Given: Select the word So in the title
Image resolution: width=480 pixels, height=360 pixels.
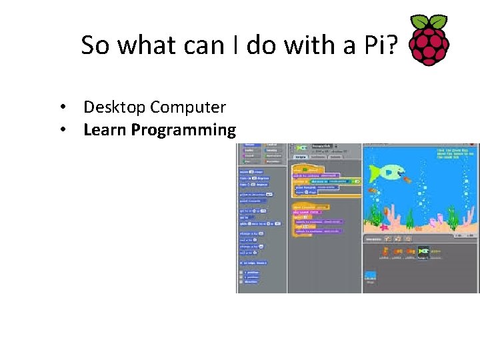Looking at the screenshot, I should [93, 45].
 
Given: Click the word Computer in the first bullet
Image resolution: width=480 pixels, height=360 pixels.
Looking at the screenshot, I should [188, 107].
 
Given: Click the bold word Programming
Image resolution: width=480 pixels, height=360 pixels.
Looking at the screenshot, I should [183, 131].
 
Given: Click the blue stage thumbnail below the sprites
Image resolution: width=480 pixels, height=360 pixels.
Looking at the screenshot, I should [371, 275].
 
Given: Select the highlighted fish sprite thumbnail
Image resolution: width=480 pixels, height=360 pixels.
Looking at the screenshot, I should [423, 252].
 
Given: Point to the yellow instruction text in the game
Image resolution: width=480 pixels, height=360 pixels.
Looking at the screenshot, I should [457, 154].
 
